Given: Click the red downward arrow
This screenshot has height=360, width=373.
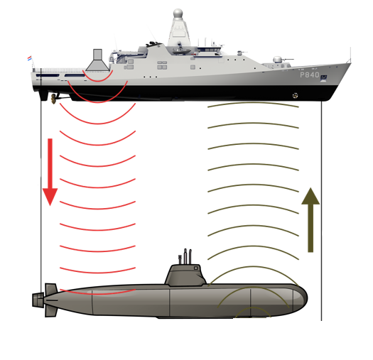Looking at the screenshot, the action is coord(50,172).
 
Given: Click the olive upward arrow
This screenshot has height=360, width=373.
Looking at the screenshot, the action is coord(310,220).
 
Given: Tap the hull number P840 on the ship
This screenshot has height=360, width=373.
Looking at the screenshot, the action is coord(310,75).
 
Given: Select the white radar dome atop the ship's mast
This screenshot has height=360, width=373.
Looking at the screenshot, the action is coord(178,13).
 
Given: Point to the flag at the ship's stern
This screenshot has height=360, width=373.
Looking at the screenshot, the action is coord(30,58).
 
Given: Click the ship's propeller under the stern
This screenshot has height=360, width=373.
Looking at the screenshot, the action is coord(53,99).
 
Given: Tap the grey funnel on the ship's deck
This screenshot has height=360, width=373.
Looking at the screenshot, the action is coord(97,60).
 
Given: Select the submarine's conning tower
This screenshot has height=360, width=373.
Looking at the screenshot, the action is coord(185,275).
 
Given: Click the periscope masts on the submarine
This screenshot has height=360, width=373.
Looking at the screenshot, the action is coord(185,256).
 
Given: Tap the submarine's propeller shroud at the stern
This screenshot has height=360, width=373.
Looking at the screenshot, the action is coord(38,300).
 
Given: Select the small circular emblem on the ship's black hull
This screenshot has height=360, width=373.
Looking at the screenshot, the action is coord(295,96).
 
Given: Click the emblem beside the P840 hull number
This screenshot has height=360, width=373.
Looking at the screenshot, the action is coord(324,78).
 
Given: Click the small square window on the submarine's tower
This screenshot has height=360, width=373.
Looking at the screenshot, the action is coord(196,268).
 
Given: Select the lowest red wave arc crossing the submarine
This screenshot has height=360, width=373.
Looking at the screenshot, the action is coord(97,294).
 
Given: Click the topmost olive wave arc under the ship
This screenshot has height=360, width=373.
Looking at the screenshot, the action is coord(253,103).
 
